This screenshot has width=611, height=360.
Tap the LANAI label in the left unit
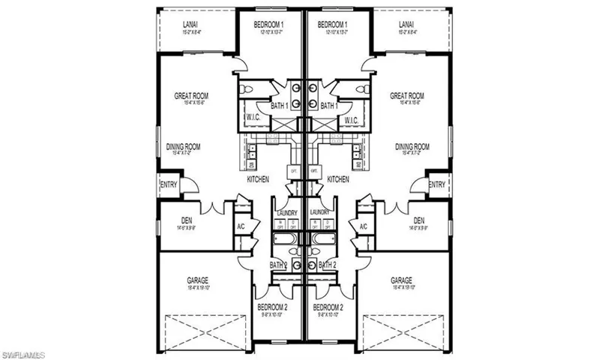[x=190, y=25]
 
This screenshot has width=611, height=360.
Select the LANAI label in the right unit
[x=406, y=25]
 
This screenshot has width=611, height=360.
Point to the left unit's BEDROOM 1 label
[x=271, y=25]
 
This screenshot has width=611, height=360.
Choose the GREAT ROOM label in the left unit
[x=191, y=96]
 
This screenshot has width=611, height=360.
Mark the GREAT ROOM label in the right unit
[x=407, y=96]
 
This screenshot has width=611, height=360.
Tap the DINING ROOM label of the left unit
[x=184, y=147]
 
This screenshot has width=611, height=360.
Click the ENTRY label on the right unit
[x=436, y=184]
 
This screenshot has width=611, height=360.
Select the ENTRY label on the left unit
[x=168, y=184]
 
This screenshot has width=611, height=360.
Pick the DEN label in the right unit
[x=419, y=220]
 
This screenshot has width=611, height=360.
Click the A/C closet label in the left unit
[x=241, y=226]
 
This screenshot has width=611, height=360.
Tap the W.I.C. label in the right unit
[x=350, y=119]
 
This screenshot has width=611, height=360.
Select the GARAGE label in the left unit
[x=198, y=281]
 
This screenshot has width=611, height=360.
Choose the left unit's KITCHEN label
[x=258, y=180]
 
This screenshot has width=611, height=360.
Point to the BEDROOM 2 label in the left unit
[x=271, y=307]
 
